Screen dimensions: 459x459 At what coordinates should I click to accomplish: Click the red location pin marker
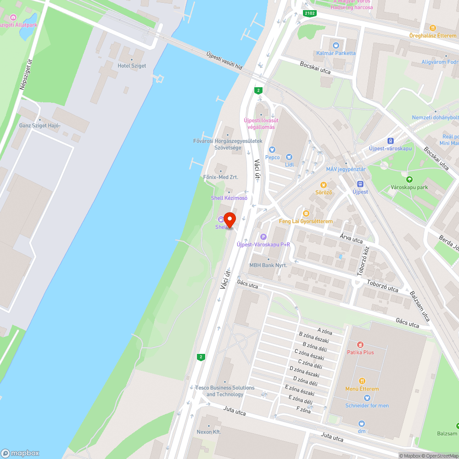229,220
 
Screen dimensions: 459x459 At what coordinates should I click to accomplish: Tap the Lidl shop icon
289,157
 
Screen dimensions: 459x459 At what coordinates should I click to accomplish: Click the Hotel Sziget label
132,66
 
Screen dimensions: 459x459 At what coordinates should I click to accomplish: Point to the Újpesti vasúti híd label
224,60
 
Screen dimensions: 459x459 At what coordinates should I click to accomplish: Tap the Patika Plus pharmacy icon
360,344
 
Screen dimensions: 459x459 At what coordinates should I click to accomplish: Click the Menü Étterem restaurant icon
362,381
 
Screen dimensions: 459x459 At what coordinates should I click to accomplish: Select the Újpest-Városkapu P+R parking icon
263,237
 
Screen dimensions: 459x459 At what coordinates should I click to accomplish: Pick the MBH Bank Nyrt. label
268,265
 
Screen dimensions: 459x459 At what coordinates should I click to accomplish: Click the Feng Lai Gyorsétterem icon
306,213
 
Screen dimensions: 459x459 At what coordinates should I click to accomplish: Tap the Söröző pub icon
323,185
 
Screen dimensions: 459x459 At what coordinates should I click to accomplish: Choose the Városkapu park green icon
409,179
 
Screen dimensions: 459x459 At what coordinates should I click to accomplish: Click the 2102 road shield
310,14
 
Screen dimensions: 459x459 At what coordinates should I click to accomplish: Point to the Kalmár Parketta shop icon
336,45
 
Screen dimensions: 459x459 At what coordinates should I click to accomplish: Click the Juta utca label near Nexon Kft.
234,410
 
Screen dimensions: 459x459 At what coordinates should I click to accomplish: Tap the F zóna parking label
303,410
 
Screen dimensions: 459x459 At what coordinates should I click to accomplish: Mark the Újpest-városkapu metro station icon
390,140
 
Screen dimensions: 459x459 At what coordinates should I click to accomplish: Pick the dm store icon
362,424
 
